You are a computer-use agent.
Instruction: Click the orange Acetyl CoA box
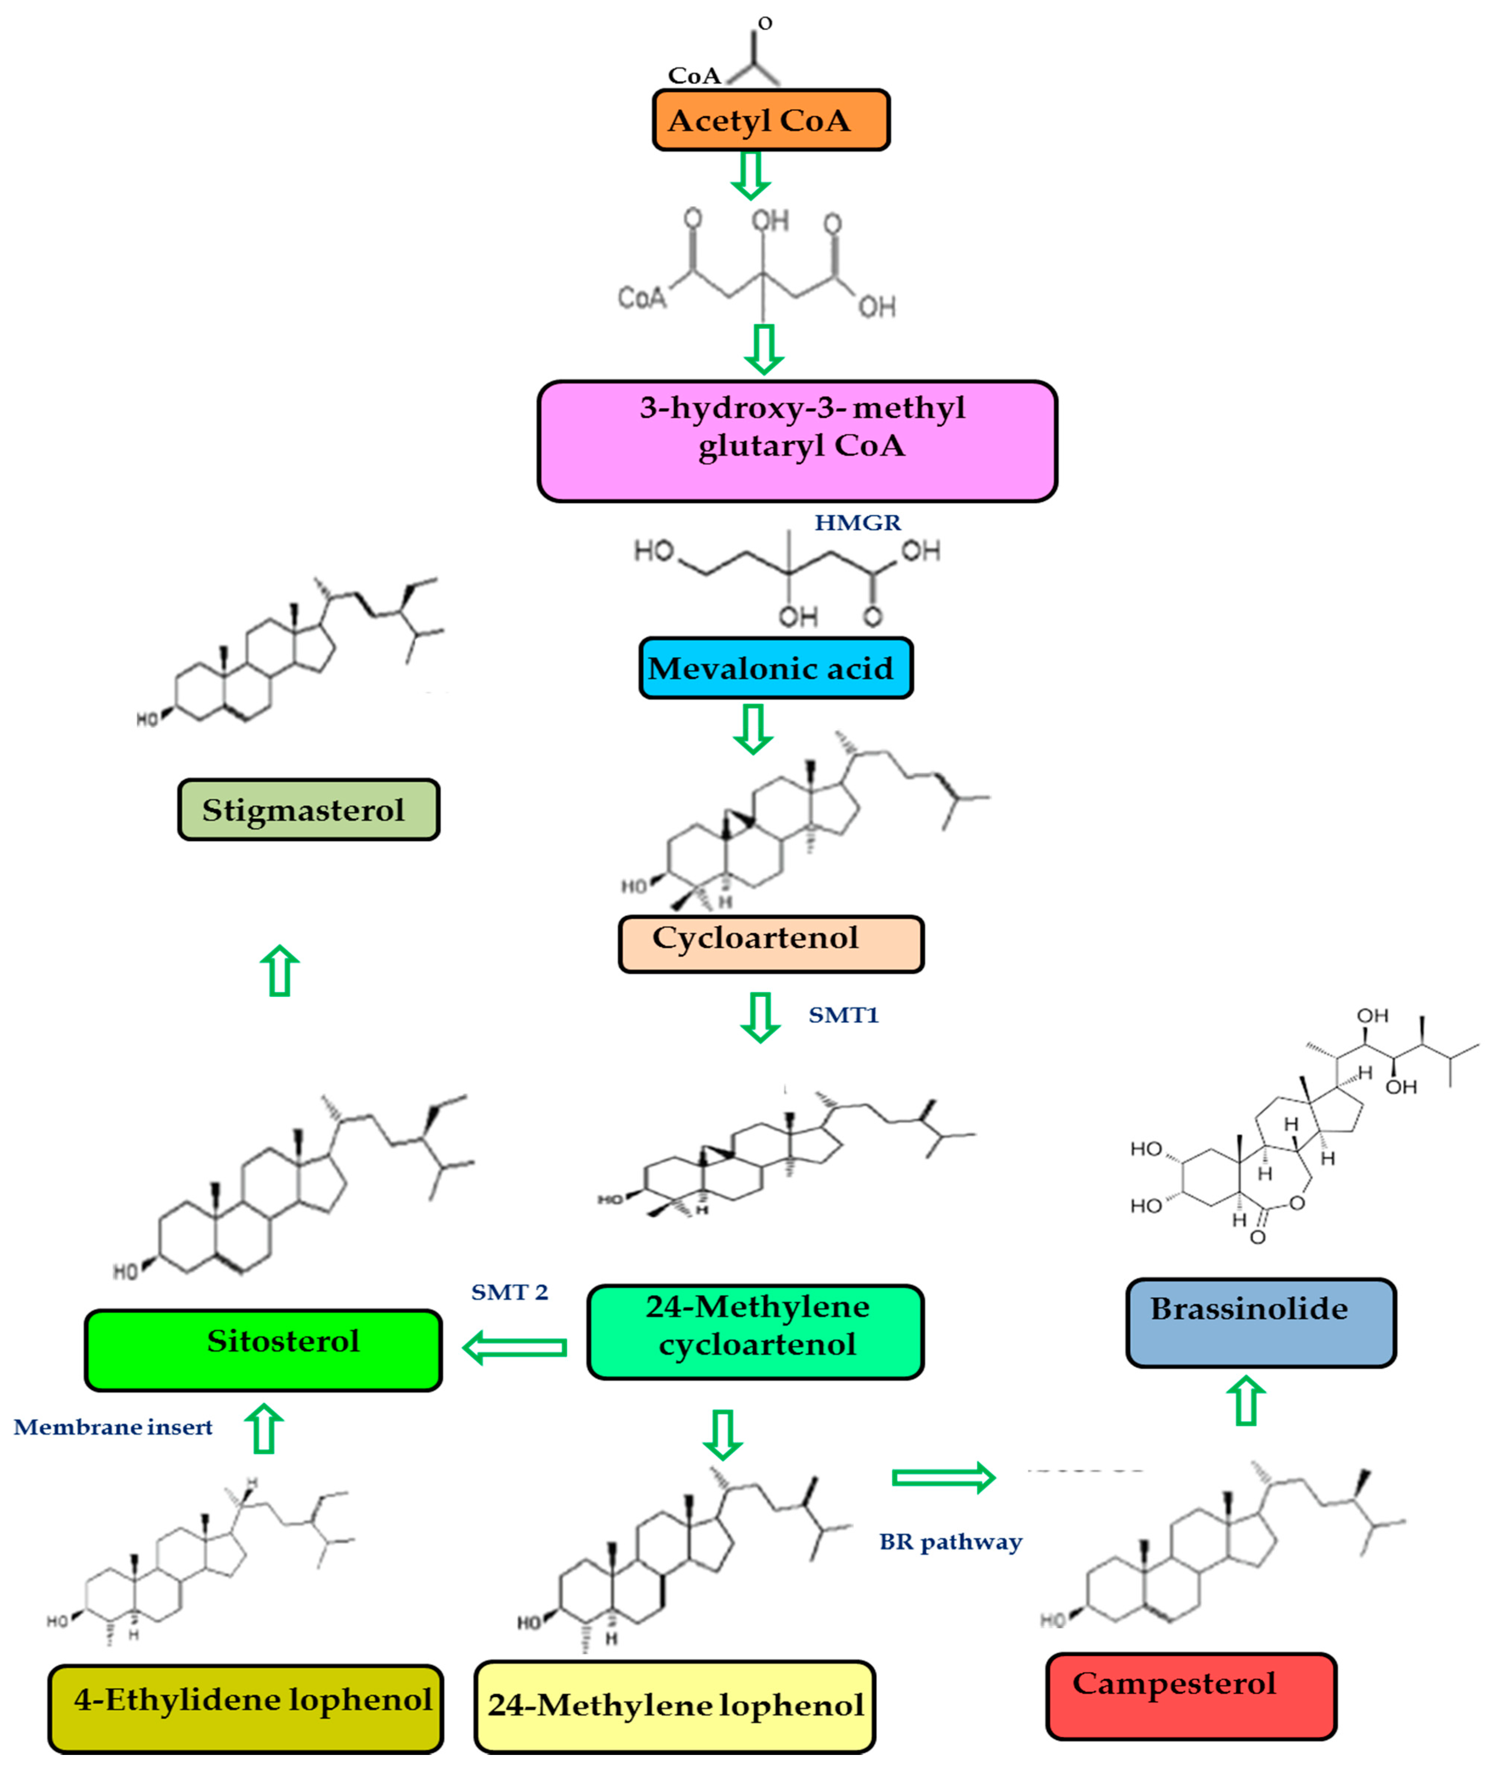770,120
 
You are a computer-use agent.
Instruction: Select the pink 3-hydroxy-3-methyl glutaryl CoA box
797,440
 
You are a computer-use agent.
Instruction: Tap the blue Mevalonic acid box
775,668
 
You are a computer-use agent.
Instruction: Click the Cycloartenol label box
770,943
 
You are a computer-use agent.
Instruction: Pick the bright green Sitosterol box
263,1349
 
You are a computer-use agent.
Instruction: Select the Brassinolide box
1260,1322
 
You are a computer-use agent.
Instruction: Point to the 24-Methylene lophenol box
674,1706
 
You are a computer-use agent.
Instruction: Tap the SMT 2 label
509,1292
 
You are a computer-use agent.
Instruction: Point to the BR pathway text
951,1541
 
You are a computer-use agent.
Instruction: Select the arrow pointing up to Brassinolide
1246,1401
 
